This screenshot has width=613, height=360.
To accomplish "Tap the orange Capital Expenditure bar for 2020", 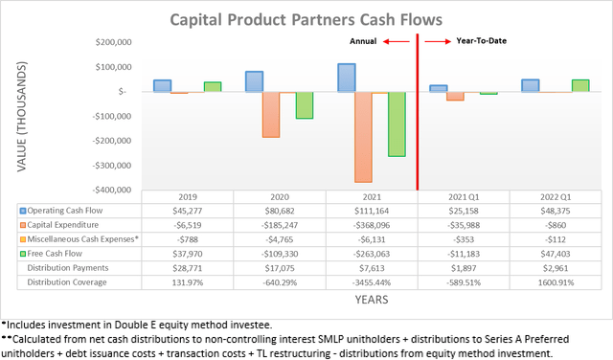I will tap(271, 114).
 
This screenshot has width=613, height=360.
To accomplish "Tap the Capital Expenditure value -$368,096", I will tap(373, 224).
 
